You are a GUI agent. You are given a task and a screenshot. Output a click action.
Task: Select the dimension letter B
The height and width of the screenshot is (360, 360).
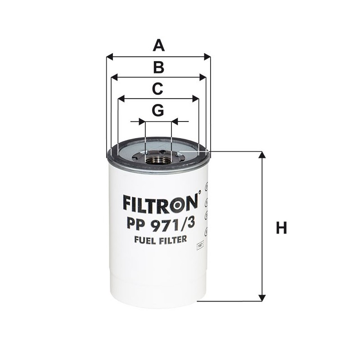point(158,67)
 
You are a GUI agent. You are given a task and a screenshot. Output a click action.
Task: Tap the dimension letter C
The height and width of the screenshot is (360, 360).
point(157,89)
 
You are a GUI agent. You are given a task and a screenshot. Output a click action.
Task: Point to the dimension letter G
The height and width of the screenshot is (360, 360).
point(158,110)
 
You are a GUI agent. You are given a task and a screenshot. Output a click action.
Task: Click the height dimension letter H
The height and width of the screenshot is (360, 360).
point(281,228)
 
